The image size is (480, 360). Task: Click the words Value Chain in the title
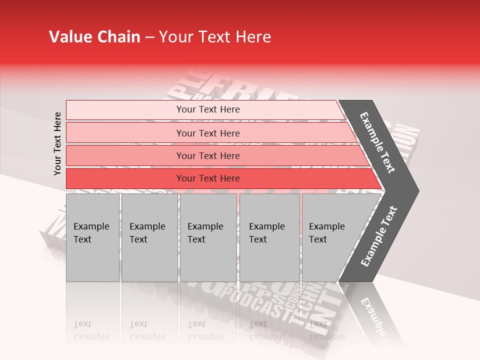click(94, 37)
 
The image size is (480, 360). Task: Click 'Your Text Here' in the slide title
click(214, 37)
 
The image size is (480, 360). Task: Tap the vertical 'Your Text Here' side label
click(57, 143)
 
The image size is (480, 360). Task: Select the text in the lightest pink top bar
click(208, 109)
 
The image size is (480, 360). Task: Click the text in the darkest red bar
click(208, 178)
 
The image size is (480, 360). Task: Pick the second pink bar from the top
click(208, 133)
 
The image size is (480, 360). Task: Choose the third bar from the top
click(208, 155)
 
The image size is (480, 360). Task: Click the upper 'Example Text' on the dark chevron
click(377, 142)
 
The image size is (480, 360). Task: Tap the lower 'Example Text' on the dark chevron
click(379, 236)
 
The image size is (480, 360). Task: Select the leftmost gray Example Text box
click(92, 237)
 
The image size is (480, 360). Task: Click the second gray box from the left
click(149, 237)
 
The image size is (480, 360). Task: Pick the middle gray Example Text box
click(208, 237)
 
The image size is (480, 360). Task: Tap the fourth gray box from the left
click(269, 237)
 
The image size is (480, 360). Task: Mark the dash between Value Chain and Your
click(149, 37)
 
